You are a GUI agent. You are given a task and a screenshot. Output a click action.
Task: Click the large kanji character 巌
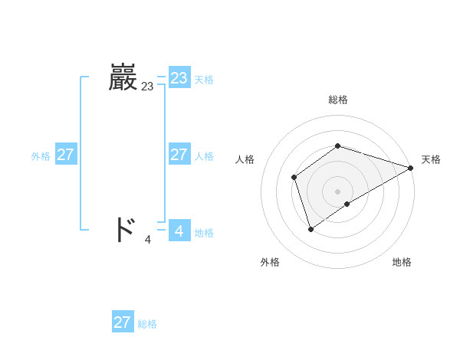tap(123, 78)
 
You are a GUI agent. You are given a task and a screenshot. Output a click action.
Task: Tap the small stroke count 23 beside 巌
tap(147, 87)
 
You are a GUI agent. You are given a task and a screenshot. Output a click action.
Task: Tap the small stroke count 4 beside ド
tap(148, 239)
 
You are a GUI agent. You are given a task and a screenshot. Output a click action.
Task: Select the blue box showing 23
tap(179, 78)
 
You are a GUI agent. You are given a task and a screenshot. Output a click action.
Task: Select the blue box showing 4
tap(179, 230)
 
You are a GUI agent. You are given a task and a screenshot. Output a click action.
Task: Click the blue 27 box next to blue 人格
tap(179, 155)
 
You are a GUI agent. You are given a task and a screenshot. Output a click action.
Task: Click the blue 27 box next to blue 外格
tap(65, 155)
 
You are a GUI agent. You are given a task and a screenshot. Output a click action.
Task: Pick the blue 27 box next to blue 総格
tap(122, 322)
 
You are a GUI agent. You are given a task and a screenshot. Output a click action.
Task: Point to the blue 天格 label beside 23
tap(204, 80)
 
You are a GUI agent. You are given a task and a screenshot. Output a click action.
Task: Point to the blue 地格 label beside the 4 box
tap(204, 233)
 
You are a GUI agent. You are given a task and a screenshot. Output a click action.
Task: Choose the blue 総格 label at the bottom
tap(147, 324)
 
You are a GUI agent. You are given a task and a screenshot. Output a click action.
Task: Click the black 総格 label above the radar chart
tap(337, 100)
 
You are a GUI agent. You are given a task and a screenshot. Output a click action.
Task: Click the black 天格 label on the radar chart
tap(431, 159)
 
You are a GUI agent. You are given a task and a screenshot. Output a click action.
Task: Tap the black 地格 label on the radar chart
tap(402, 263)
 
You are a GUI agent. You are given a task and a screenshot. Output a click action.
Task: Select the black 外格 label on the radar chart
tap(270, 263)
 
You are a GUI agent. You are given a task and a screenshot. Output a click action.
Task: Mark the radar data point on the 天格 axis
tap(411, 168)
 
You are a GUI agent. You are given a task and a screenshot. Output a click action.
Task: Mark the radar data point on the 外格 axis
tap(310, 228)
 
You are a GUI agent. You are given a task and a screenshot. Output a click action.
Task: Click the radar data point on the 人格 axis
tap(294, 178)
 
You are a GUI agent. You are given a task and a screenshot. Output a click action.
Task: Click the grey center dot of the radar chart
tap(337, 191)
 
